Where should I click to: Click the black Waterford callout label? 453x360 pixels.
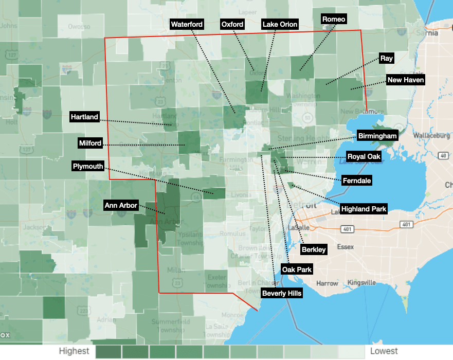[x=187, y=24]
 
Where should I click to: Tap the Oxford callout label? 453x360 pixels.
[x=232, y=24]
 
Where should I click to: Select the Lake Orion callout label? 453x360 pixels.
[x=280, y=24]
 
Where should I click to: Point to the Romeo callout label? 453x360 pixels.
[x=334, y=19]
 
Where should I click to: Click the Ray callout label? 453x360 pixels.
[x=387, y=58]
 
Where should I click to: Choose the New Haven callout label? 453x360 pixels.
[x=406, y=80]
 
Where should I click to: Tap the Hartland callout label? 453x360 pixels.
[x=84, y=117]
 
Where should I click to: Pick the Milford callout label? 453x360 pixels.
[x=90, y=143]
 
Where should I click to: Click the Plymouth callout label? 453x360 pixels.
[x=88, y=166]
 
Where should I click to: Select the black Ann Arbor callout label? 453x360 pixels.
[x=121, y=205]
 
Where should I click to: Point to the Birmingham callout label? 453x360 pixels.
[x=378, y=136]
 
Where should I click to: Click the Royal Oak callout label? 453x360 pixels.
[x=364, y=156]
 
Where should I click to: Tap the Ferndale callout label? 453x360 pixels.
[x=356, y=181]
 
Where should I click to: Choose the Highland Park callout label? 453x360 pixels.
[x=364, y=209]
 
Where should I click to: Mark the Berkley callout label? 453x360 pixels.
[x=314, y=249]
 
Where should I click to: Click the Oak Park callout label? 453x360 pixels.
[x=297, y=269]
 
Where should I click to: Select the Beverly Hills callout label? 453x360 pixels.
[x=282, y=293]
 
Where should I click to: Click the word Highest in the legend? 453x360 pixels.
[x=74, y=351]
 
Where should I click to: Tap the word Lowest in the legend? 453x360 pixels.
[x=384, y=351]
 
